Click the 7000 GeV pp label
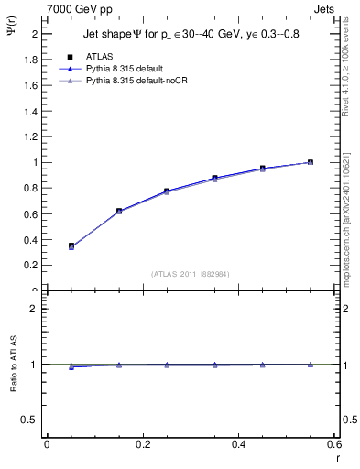pyautogui.click(x=75, y=7)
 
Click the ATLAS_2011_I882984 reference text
pyautogui.click(x=190, y=274)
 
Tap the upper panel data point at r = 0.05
pyautogui.click(x=71, y=245)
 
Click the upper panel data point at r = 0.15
pyautogui.click(x=119, y=211)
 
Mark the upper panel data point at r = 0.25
pyautogui.click(x=167, y=191)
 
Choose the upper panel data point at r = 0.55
pyautogui.click(x=310, y=162)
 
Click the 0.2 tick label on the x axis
pyautogui.click(x=142, y=444)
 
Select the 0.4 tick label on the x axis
pyautogui.click(x=238, y=444)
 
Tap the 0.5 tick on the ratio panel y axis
pyautogui.click(x=33, y=420)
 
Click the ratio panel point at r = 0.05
pyautogui.click(x=71, y=366)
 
